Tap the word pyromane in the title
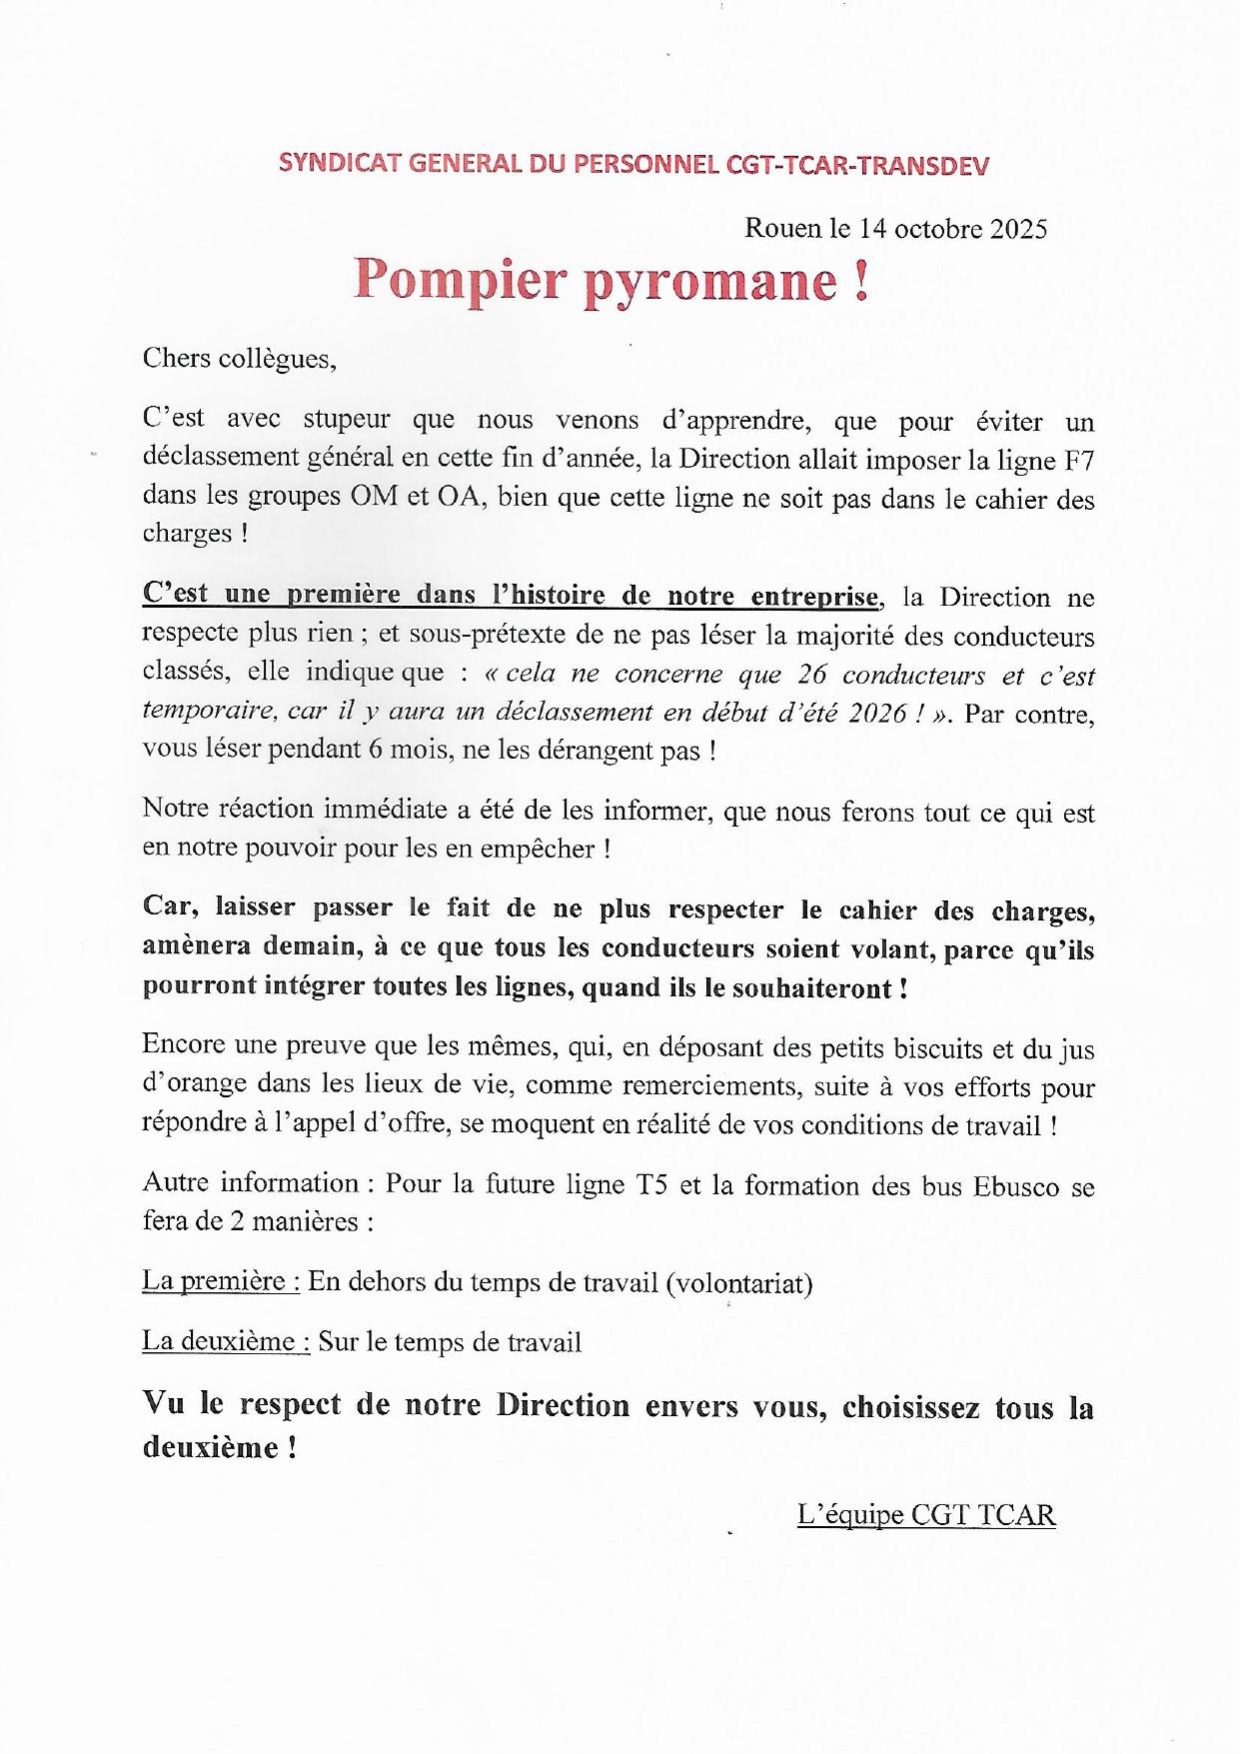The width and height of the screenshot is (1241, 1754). [710, 282]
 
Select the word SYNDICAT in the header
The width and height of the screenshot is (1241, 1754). [331, 164]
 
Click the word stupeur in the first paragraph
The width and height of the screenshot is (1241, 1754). [347, 420]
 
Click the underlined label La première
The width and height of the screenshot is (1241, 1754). [221, 1282]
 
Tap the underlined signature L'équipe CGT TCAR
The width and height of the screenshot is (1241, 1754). [926, 1515]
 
